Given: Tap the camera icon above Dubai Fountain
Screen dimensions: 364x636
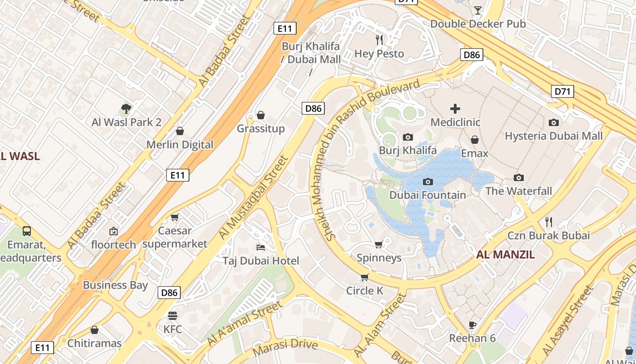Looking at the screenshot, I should [427, 182].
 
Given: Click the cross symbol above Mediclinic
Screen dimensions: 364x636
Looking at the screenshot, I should [455, 109].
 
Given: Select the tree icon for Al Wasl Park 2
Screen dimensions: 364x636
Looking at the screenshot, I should [126, 109].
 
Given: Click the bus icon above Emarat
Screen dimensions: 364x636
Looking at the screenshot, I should [27, 231].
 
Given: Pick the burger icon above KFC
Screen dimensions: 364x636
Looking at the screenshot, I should [172, 315].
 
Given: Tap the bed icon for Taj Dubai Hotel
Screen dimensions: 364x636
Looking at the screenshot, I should [261, 248].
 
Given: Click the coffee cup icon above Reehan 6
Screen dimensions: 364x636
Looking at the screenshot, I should [472, 325].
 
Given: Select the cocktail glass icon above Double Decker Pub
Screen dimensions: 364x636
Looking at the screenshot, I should [477, 10].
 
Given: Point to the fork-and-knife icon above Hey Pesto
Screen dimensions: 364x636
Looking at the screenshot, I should [379, 40].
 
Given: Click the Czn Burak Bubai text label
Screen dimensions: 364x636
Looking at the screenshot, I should [548, 235].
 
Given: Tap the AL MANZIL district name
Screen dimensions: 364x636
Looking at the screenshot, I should [505, 255].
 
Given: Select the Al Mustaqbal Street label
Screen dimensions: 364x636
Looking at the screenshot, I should [253, 197].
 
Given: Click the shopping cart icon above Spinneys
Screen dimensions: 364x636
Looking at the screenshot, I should [379, 245].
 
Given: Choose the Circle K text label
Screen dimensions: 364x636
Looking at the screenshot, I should [364, 290].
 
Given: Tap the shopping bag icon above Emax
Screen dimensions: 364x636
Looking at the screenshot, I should [475, 140].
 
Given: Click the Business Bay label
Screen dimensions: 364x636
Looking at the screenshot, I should [115, 285].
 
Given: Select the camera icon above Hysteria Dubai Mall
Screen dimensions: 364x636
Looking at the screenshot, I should [553, 122].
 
